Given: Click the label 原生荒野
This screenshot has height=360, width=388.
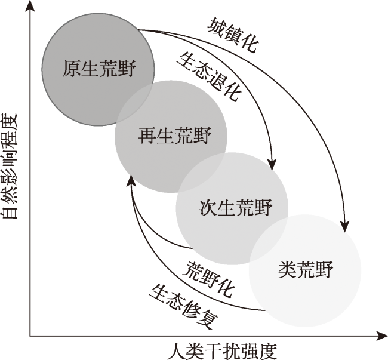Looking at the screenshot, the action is coord(99,68).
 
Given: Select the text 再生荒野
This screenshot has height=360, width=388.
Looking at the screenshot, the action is coord(174,136).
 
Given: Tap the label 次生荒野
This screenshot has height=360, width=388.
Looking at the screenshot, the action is coord(236,207).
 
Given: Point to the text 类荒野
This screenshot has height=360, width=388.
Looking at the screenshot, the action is coord(306,270).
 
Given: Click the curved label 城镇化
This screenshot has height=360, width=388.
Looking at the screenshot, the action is coord(233,35).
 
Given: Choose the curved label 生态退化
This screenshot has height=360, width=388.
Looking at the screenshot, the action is coord(208,77).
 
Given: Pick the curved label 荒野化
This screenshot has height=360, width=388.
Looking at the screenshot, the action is coord(208,279).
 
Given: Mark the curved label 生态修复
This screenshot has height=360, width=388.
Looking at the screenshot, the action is coord(183,307).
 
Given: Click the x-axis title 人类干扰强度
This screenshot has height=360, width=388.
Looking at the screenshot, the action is coord(222,352).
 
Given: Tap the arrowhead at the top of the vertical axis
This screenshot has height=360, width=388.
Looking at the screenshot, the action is coord(30,6).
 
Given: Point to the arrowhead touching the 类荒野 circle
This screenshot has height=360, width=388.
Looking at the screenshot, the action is coord(344,226).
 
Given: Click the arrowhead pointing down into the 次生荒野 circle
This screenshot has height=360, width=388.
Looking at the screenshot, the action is coord(272,165).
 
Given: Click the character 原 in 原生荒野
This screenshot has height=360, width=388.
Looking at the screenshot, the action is coord(72,68).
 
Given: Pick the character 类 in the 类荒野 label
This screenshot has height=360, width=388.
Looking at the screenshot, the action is coord(287,270).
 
